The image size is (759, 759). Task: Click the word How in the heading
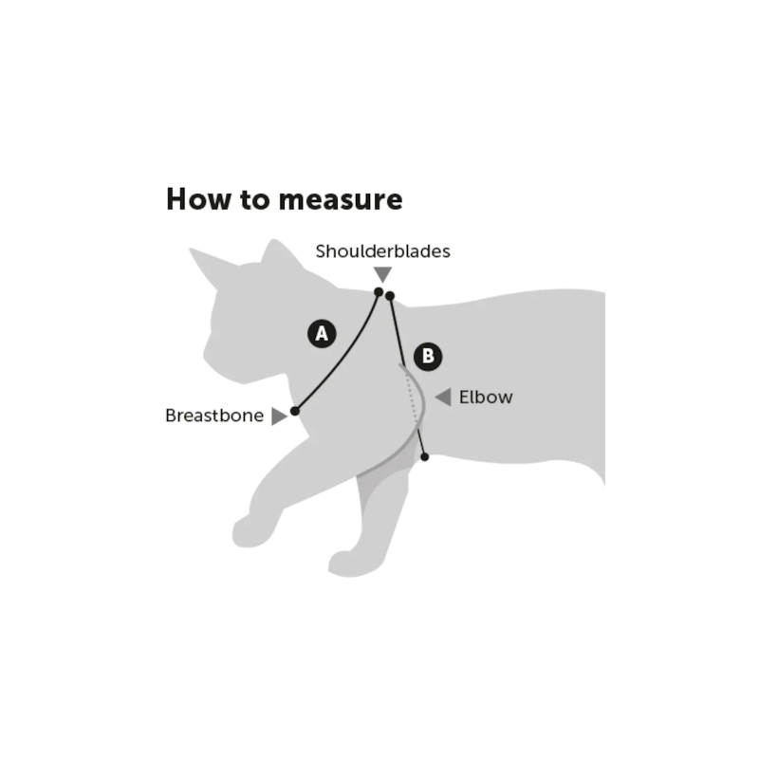198,199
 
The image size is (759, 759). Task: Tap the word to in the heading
255,200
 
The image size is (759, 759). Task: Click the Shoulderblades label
383,251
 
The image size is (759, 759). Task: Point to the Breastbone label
214,416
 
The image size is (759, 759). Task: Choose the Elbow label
486,397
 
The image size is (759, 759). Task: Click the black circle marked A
322,334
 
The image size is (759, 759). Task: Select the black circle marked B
428,357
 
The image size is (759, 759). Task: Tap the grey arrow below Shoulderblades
383,274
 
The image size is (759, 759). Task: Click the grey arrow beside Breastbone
279,417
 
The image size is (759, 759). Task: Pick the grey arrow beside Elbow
443,397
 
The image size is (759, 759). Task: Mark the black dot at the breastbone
295,412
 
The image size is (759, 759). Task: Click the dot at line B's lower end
425,457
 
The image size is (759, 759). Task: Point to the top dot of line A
379,292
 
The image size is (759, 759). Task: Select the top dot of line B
390,296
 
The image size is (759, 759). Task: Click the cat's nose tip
205,358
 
